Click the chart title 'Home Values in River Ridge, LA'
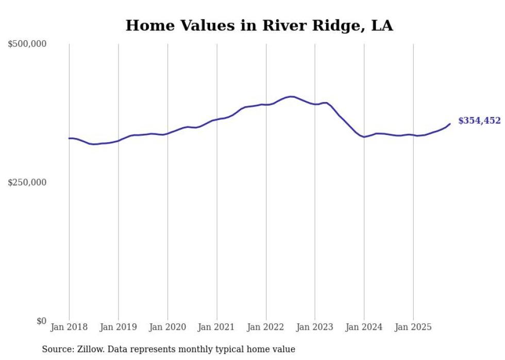[259, 25]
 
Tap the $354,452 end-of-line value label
[479, 121]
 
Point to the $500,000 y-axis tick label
[27, 44]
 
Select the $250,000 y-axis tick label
[27, 182]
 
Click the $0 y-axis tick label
[41, 321]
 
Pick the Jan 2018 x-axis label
[69, 327]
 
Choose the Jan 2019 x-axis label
[119, 327]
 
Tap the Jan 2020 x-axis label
[167, 327]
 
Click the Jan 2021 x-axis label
[216, 327]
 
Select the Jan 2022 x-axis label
[266, 327]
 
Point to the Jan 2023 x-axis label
[315, 327]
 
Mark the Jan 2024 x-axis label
[364, 327]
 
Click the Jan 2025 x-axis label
[413, 327]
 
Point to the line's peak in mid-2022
[291, 96]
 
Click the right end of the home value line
[450, 124]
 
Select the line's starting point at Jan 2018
[69, 138]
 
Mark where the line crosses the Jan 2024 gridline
[364, 137]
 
